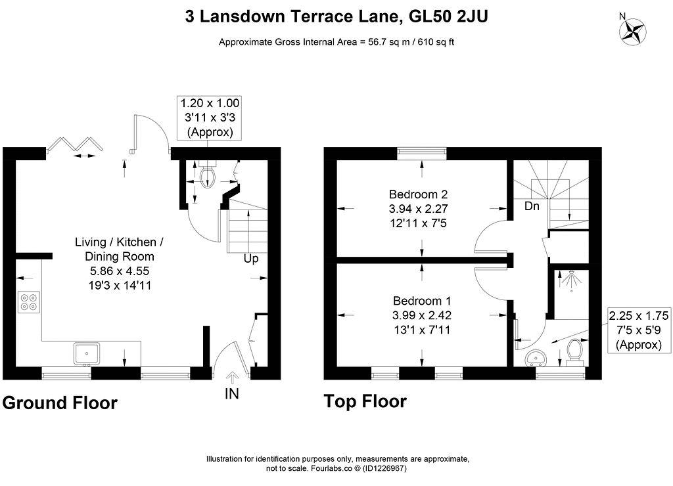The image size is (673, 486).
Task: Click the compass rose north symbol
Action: pyautogui.click(x=633, y=30)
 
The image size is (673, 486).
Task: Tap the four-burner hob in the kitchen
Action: pyautogui.click(x=29, y=301)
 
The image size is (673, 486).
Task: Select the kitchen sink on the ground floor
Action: pyautogui.click(x=87, y=354)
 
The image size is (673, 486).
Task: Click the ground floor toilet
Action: pyautogui.click(x=208, y=174)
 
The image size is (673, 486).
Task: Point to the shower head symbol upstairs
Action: pyautogui.click(x=571, y=280)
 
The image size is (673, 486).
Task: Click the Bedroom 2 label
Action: pyautogui.click(x=419, y=194)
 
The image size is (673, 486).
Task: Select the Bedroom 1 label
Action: pyautogui.click(x=422, y=301)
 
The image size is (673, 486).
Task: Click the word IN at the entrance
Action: pyautogui.click(x=232, y=393)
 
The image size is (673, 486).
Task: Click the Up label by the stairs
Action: pyautogui.click(x=251, y=259)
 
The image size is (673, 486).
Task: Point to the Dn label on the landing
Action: pyautogui.click(x=532, y=206)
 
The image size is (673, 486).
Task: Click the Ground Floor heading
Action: pyautogui.click(x=60, y=403)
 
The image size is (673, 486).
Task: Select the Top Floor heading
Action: pyautogui.click(x=365, y=401)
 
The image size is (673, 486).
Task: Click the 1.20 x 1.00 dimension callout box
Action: pyautogui.click(x=210, y=118)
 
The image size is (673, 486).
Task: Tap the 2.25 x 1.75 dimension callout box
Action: pyautogui.click(x=639, y=330)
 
